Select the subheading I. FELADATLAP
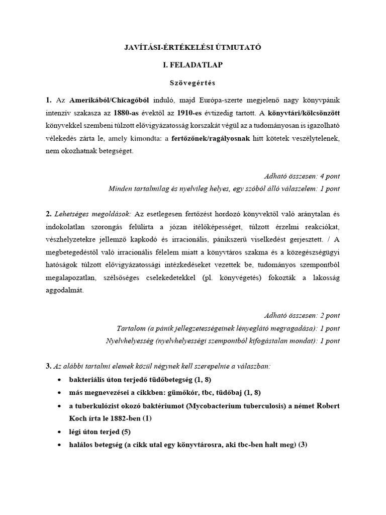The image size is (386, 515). (192, 65)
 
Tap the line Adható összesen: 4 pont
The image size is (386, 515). (302, 176)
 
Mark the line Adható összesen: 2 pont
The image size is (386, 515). (302, 315)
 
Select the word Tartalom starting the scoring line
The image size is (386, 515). (130, 328)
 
